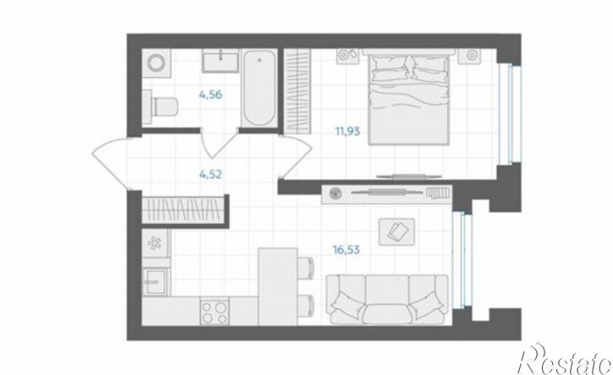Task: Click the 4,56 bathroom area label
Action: point(211,95)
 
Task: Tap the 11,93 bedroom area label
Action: point(348,131)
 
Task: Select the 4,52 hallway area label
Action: point(211,174)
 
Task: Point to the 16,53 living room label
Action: point(346,250)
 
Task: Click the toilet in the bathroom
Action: point(161,106)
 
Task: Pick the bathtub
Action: point(259,89)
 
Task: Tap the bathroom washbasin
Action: point(220,61)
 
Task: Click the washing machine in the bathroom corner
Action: point(156,62)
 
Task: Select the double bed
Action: point(409,97)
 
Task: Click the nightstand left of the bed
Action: point(348,55)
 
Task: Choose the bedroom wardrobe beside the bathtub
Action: point(296,91)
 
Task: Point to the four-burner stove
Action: point(215,312)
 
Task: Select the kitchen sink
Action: point(156,281)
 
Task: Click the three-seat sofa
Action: point(387,300)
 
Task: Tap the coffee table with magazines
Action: point(397,232)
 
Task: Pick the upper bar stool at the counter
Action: point(306,268)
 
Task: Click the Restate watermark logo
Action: point(565,360)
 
